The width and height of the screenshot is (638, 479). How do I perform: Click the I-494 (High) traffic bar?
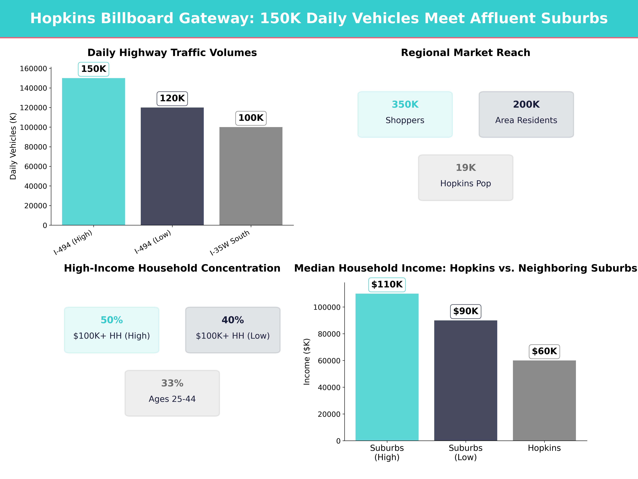pyautogui.click(x=93, y=152)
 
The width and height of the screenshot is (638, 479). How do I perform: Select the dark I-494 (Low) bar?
pyautogui.click(x=172, y=166)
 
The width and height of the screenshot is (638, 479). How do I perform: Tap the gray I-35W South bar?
pyautogui.click(x=251, y=176)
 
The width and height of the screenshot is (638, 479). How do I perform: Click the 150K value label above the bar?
pyautogui.click(x=93, y=69)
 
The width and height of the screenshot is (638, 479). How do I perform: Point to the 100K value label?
pyautogui.click(x=251, y=118)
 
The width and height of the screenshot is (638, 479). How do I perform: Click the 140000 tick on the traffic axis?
pyautogui.click(x=33, y=88)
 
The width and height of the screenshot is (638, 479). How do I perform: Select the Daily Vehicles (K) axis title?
pyautogui.click(x=13, y=146)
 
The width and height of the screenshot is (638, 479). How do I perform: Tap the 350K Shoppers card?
pyautogui.click(x=405, y=114)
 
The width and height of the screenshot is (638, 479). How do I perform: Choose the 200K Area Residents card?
pyautogui.click(x=526, y=114)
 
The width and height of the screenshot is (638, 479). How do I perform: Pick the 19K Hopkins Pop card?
pyautogui.click(x=465, y=178)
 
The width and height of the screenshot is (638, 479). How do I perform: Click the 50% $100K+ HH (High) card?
pyautogui.click(x=112, y=330)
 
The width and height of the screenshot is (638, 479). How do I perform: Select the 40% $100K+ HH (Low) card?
pyautogui.click(x=233, y=330)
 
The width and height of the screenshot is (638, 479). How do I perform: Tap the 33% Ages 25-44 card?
pyautogui.click(x=172, y=393)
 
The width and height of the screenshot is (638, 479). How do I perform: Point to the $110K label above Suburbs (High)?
pyautogui.click(x=387, y=285)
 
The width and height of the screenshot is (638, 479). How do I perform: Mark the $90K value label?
pyautogui.click(x=465, y=311)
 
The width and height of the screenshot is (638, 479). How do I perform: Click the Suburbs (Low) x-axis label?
pyautogui.click(x=465, y=452)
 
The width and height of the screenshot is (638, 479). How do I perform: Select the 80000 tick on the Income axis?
pyautogui.click(x=329, y=334)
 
